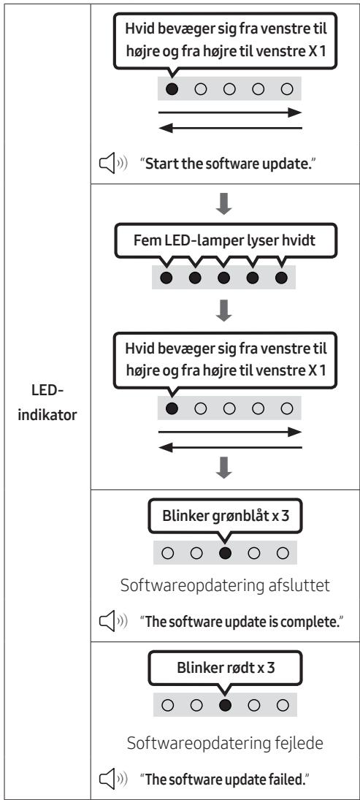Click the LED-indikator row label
47,403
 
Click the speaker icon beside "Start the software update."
112,166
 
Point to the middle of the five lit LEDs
224,278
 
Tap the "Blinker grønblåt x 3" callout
226,517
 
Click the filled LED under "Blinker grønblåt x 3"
225,552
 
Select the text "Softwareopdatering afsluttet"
225,585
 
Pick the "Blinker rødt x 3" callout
226,668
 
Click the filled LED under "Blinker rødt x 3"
225,705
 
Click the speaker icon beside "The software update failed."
112,780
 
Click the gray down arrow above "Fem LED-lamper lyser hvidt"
224,204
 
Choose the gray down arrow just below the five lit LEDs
224,311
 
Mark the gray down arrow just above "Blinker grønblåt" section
224,468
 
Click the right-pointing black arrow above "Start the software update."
231,113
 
